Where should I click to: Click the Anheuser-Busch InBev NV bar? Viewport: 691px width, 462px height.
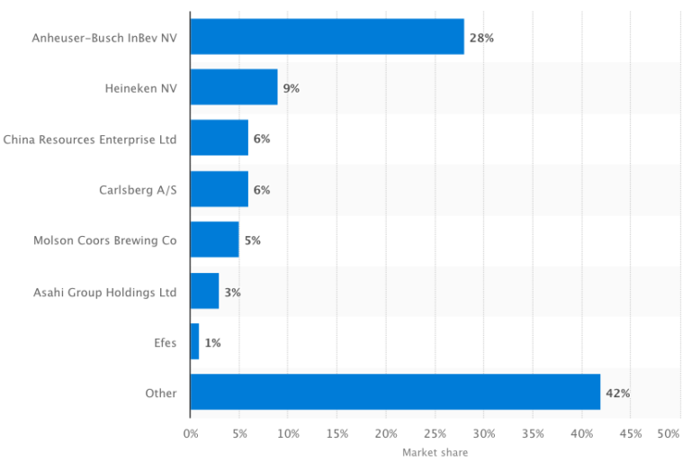click(x=327, y=37)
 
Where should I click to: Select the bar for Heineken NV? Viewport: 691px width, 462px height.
click(x=234, y=87)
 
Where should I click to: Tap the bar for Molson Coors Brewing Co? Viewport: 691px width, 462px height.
click(x=214, y=240)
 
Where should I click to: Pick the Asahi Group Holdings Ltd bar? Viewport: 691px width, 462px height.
click(x=204, y=292)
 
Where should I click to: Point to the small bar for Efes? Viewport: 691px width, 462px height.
click(x=194, y=342)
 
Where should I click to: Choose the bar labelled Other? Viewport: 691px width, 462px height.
click(x=395, y=393)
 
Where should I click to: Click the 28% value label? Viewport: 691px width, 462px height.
click(x=481, y=38)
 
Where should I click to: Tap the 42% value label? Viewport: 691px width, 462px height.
click(x=617, y=394)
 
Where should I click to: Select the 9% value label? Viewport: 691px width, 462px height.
click(x=291, y=88)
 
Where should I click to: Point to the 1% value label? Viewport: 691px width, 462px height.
click(x=212, y=343)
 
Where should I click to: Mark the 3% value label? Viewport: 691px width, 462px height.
click(x=232, y=293)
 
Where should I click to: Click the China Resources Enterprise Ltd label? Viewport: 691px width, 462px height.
click(x=90, y=139)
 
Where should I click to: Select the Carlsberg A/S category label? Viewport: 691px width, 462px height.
click(x=138, y=190)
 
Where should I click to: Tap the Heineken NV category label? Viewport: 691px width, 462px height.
click(x=141, y=88)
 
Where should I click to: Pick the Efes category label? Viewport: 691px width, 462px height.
click(x=165, y=343)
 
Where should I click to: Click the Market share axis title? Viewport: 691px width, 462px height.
click(x=435, y=452)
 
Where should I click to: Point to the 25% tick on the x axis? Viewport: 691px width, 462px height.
click(x=435, y=434)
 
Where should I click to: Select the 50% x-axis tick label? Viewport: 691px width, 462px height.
click(x=669, y=434)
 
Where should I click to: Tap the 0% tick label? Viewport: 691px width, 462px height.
click(x=191, y=434)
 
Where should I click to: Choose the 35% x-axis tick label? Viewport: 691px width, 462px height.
click(x=533, y=434)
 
